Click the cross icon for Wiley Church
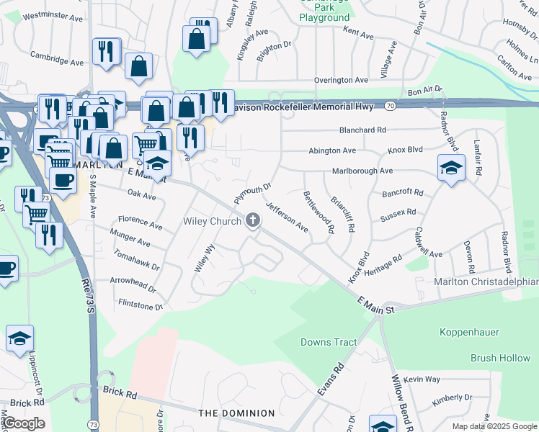pos(252,221)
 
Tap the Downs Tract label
pos(329,342)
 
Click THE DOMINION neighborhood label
pos(236,413)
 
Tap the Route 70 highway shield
pos(390,105)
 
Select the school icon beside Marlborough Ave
pos(451,168)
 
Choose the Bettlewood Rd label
pos(318,212)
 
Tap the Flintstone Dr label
pos(141,306)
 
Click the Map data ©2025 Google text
pos(494,426)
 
